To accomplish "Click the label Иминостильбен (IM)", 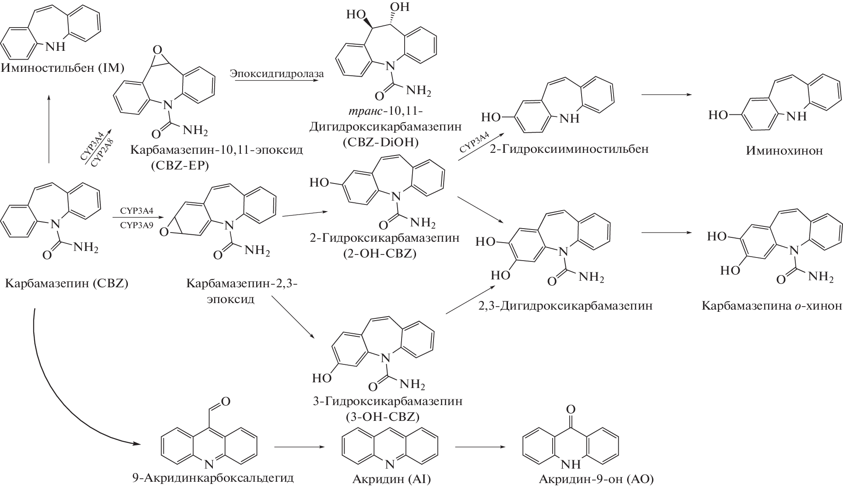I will click(63, 68).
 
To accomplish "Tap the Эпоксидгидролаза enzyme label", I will click(277, 74).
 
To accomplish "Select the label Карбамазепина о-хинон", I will click(772, 305).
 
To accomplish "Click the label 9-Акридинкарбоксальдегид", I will click(213, 478).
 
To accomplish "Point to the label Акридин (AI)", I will click(392, 479).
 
